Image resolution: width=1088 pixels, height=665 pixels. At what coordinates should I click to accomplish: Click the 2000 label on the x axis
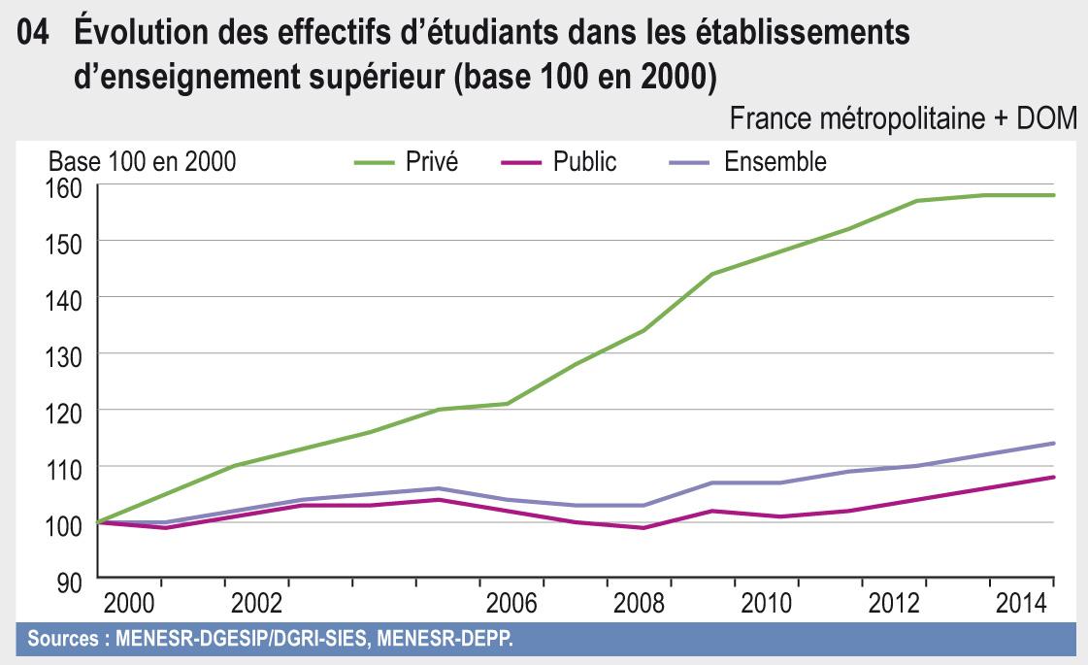click(x=128, y=604)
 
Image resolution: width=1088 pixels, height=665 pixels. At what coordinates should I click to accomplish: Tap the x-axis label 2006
click(x=511, y=604)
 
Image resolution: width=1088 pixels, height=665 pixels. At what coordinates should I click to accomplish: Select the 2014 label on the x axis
click(x=1021, y=604)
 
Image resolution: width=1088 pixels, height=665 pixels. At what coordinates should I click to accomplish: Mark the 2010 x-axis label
click(x=766, y=604)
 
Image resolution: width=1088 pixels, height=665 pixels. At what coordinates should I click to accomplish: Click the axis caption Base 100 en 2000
click(x=142, y=162)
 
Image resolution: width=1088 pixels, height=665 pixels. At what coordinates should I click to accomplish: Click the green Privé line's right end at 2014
click(x=1054, y=195)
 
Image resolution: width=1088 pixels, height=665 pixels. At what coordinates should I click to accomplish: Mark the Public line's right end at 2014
click(x=1054, y=477)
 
